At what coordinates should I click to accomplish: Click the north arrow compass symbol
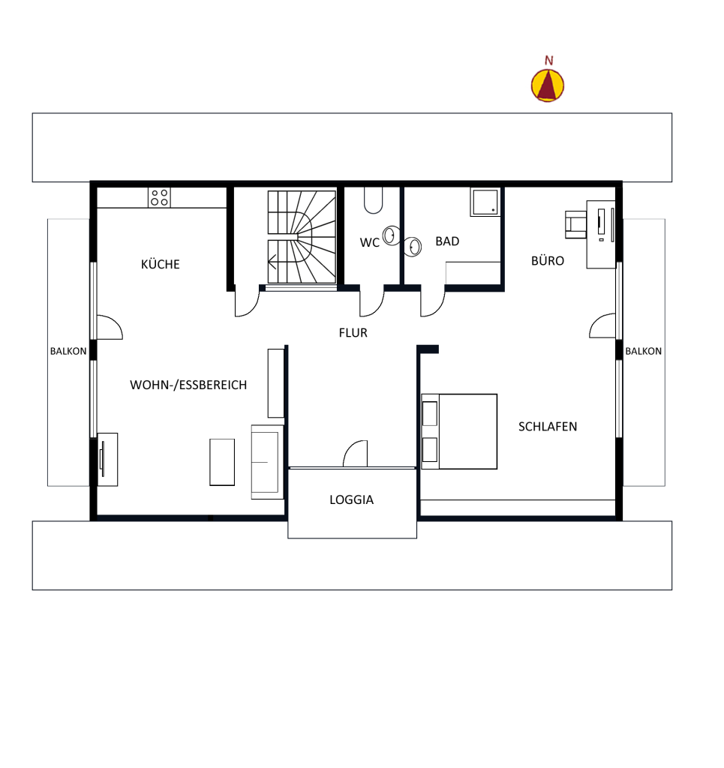tap(548, 85)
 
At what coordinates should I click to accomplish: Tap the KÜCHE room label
tap(161, 265)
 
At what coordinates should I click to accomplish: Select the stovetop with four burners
tap(159, 197)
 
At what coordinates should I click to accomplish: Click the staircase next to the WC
tap(302, 237)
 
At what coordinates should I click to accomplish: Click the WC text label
tap(369, 242)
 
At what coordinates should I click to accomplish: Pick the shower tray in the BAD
tap(485, 202)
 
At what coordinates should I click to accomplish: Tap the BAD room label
tap(447, 241)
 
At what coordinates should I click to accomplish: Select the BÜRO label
tap(548, 260)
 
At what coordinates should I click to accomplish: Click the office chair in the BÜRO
tap(575, 224)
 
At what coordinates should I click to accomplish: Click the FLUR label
tap(353, 333)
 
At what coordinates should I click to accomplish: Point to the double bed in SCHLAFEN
tap(459, 431)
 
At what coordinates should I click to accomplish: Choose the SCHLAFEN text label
tap(548, 427)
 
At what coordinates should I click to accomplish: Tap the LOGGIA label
tap(351, 499)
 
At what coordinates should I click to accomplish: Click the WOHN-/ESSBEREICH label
tap(188, 385)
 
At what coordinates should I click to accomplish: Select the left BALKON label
tap(68, 351)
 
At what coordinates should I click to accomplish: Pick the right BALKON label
tap(643, 351)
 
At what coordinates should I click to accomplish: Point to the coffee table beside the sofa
tap(222, 462)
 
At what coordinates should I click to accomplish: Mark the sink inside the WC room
tap(391, 235)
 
